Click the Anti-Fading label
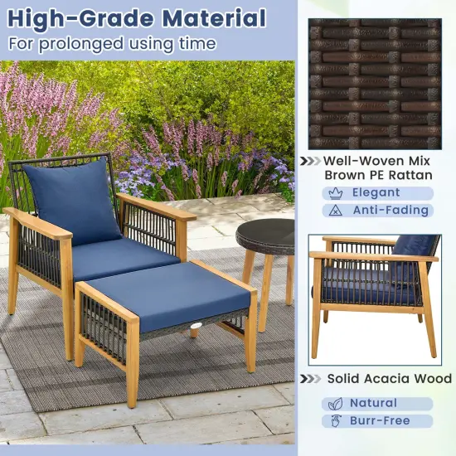click(x=390, y=211)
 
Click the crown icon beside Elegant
click(x=334, y=192)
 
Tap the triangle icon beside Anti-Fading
click(x=334, y=211)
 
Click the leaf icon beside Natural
click(x=334, y=404)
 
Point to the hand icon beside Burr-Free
click(x=334, y=421)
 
